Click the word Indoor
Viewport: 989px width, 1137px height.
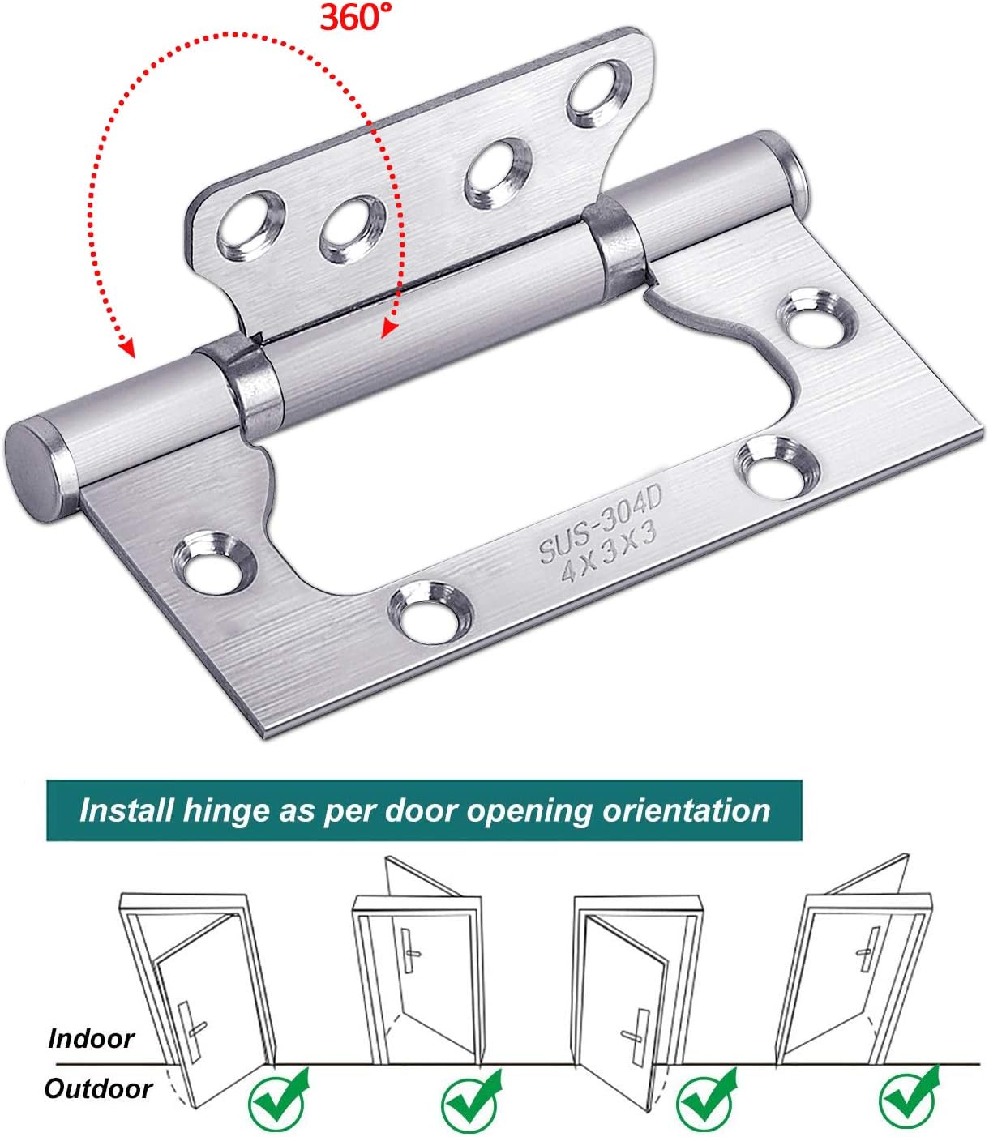(91, 1039)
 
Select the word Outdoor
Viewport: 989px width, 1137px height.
(98, 1089)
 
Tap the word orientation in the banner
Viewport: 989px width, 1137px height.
(687, 810)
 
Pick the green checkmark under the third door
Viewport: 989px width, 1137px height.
(706, 1101)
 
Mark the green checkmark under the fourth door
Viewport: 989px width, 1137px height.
(909, 1099)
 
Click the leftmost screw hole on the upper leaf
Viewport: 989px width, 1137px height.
(250, 225)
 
